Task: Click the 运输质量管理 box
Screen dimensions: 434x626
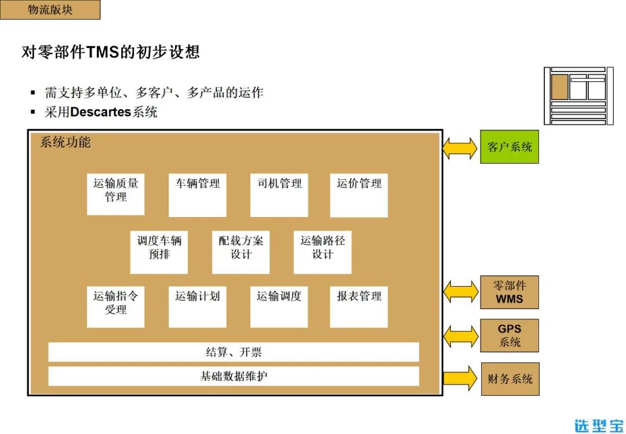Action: click(115, 194)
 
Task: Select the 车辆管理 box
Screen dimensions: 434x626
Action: click(197, 195)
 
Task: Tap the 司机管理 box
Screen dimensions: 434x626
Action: click(279, 195)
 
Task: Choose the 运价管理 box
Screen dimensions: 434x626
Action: click(359, 195)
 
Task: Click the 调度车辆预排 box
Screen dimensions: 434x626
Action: click(159, 252)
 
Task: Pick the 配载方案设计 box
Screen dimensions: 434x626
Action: click(241, 252)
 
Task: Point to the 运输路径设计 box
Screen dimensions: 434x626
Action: click(322, 252)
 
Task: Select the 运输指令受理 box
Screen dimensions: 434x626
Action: click(115, 307)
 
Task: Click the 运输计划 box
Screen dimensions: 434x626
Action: click(197, 307)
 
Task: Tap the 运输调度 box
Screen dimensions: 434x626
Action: click(279, 307)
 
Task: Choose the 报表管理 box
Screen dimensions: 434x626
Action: click(359, 307)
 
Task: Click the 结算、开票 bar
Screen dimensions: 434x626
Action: click(233, 352)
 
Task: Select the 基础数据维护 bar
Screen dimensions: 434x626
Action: click(233, 376)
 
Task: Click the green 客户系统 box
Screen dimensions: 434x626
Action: click(509, 147)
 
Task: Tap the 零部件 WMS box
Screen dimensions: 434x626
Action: click(509, 292)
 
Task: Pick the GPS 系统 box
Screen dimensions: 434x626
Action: click(509, 335)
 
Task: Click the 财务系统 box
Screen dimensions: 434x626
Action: click(510, 379)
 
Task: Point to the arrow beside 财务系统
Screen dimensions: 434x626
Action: click(461, 378)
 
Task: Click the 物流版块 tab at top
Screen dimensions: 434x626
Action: click(50, 10)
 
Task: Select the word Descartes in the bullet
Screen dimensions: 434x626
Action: click(100, 112)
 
